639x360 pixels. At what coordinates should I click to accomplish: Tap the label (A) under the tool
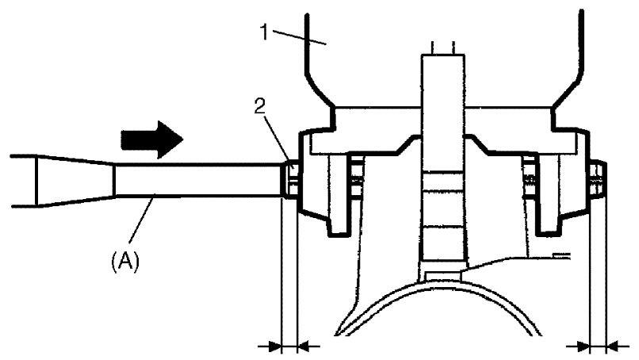click(x=124, y=260)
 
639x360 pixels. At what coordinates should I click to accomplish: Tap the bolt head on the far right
click(x=599, y=179)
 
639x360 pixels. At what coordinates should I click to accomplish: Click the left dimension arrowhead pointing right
click(x=274, y=346)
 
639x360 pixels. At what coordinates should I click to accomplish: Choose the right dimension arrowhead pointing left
click(x=614, y=346)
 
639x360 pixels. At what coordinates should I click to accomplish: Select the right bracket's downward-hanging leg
click(x=547, y=222)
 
